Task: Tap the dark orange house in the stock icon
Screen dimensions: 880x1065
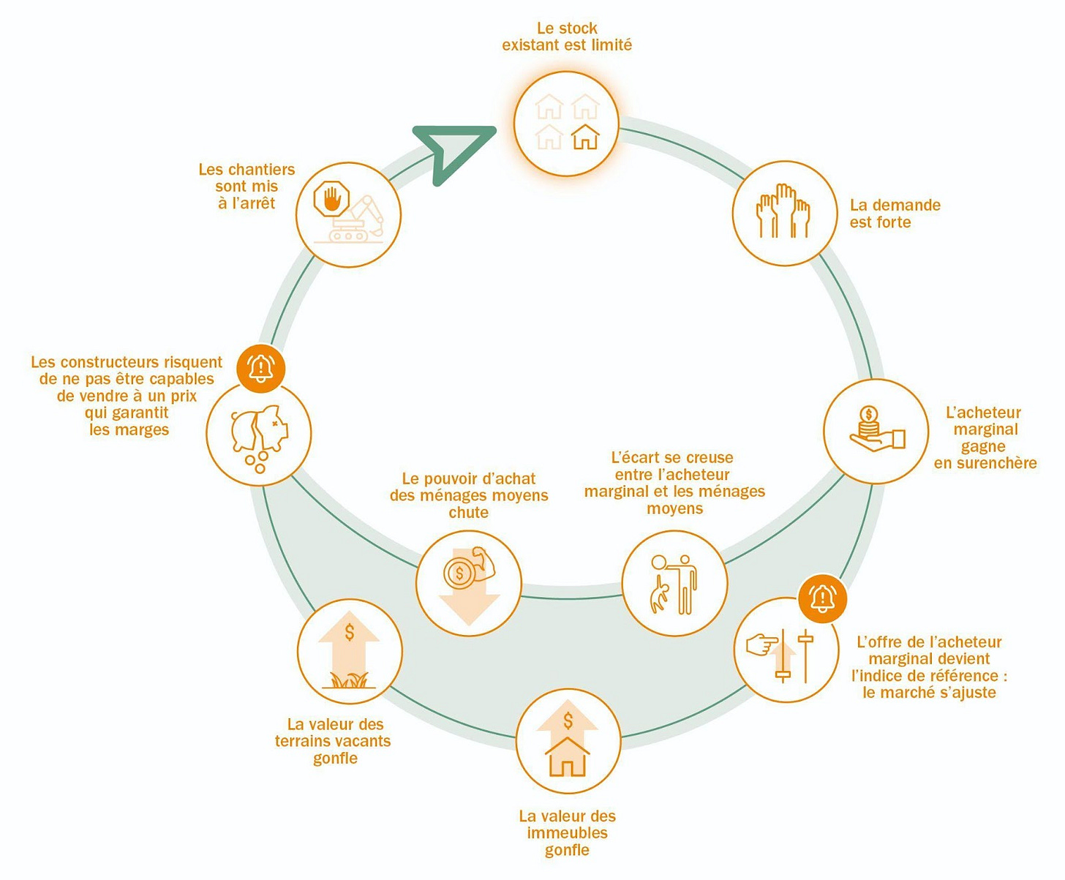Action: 585,137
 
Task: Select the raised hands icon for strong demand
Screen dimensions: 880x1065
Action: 783,211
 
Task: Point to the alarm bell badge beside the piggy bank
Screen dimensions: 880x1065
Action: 261,368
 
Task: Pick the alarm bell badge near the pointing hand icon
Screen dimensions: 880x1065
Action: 823,598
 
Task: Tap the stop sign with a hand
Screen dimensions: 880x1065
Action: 331,200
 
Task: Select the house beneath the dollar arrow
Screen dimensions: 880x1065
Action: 568,758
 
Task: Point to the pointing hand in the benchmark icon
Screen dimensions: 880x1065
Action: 761,645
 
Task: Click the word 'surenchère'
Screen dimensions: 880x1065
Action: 985,463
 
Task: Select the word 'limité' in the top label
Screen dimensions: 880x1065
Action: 611,45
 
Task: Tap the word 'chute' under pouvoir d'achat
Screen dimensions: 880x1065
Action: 469,513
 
